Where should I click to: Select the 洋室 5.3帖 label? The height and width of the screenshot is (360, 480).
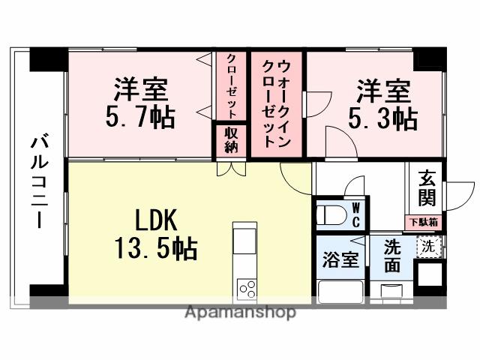[x=382, y=104]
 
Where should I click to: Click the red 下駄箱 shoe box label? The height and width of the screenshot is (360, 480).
[x=424, y=222]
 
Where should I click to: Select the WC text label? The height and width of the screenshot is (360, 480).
[x=356, y=214]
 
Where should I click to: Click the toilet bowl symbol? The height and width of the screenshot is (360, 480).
[x=330, y=215]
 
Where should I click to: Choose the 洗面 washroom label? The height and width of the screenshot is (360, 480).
[x=392, y=255]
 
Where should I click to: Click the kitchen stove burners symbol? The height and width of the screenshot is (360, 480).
[x=247, y=288]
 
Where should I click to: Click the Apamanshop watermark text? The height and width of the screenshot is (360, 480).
[x=240, y=313]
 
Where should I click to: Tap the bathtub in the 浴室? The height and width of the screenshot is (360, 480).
[x=340, y=290]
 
